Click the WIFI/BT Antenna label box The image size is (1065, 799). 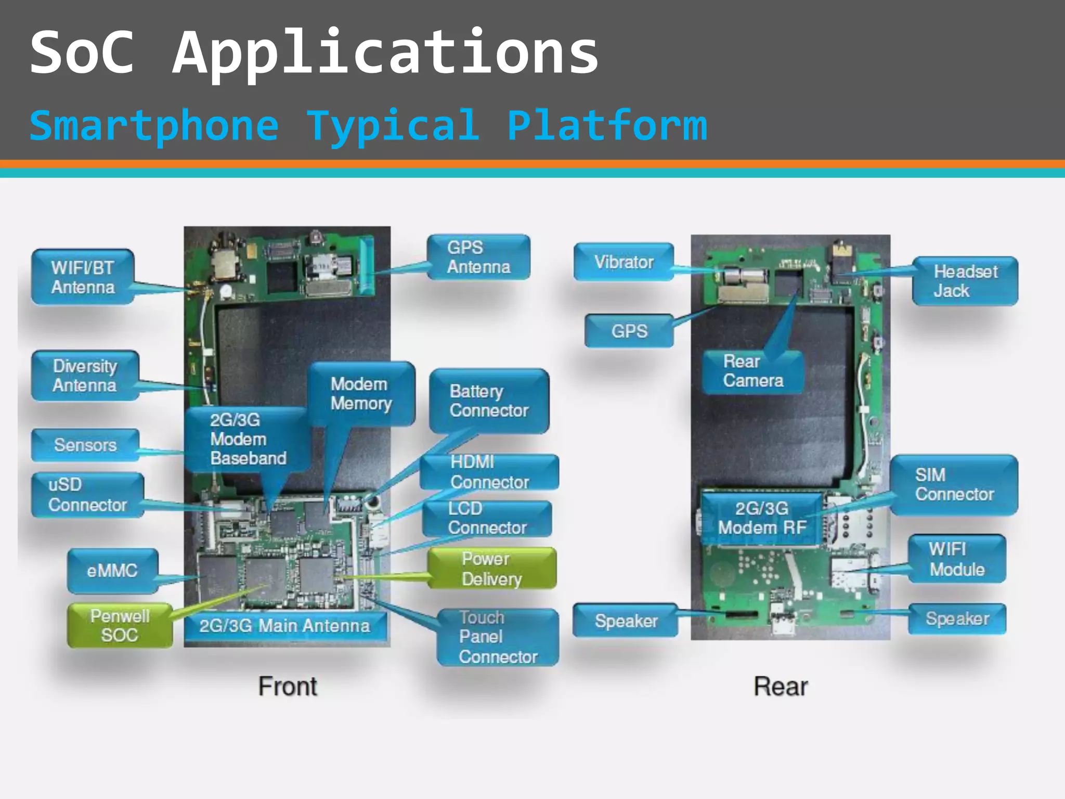83,277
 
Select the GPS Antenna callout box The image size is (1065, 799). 478,257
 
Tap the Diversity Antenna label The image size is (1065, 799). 85,376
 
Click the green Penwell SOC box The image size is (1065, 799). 120,625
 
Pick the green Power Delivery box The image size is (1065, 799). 491,569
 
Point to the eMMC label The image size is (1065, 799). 112,571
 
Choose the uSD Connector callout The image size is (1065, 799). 87,495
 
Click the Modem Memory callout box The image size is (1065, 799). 361,394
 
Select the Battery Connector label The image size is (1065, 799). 489,401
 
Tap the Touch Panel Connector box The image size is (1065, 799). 498,637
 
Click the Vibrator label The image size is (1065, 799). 624,262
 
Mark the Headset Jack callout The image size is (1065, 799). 965,281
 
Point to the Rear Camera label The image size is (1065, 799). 752,371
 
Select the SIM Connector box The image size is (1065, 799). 954,485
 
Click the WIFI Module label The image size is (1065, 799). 956,559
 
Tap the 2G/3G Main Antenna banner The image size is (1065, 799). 284,626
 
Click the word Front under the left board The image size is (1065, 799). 288,686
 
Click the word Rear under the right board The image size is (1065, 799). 781,686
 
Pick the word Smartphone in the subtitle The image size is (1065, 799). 154,125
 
